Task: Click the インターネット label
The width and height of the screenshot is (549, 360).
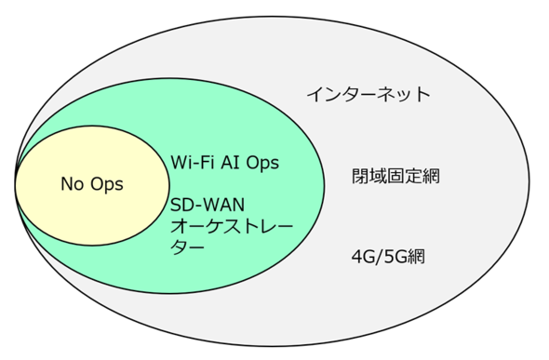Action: [x=368, y=95]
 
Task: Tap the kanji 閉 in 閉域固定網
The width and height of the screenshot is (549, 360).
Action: [x=361, y=176]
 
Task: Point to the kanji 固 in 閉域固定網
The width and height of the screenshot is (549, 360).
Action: [x=396, y=176]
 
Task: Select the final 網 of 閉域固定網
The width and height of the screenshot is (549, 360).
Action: [x=431, y=176]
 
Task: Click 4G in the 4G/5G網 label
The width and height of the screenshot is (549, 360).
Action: [x=363, y=257]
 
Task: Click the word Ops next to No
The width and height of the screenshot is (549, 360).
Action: [x=107, y=185]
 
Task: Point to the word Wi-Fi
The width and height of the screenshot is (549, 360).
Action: [x=190, y=163]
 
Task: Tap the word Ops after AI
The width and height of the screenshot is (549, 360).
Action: [x=262, y=163]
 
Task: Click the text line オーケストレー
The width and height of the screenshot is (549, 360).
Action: [x=232, y=226]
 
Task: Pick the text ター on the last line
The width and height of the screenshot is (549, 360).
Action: [x=187, y=247]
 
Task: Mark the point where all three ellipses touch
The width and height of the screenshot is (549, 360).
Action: [x=16, y=182]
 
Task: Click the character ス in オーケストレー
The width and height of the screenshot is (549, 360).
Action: [x=232, y=226]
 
